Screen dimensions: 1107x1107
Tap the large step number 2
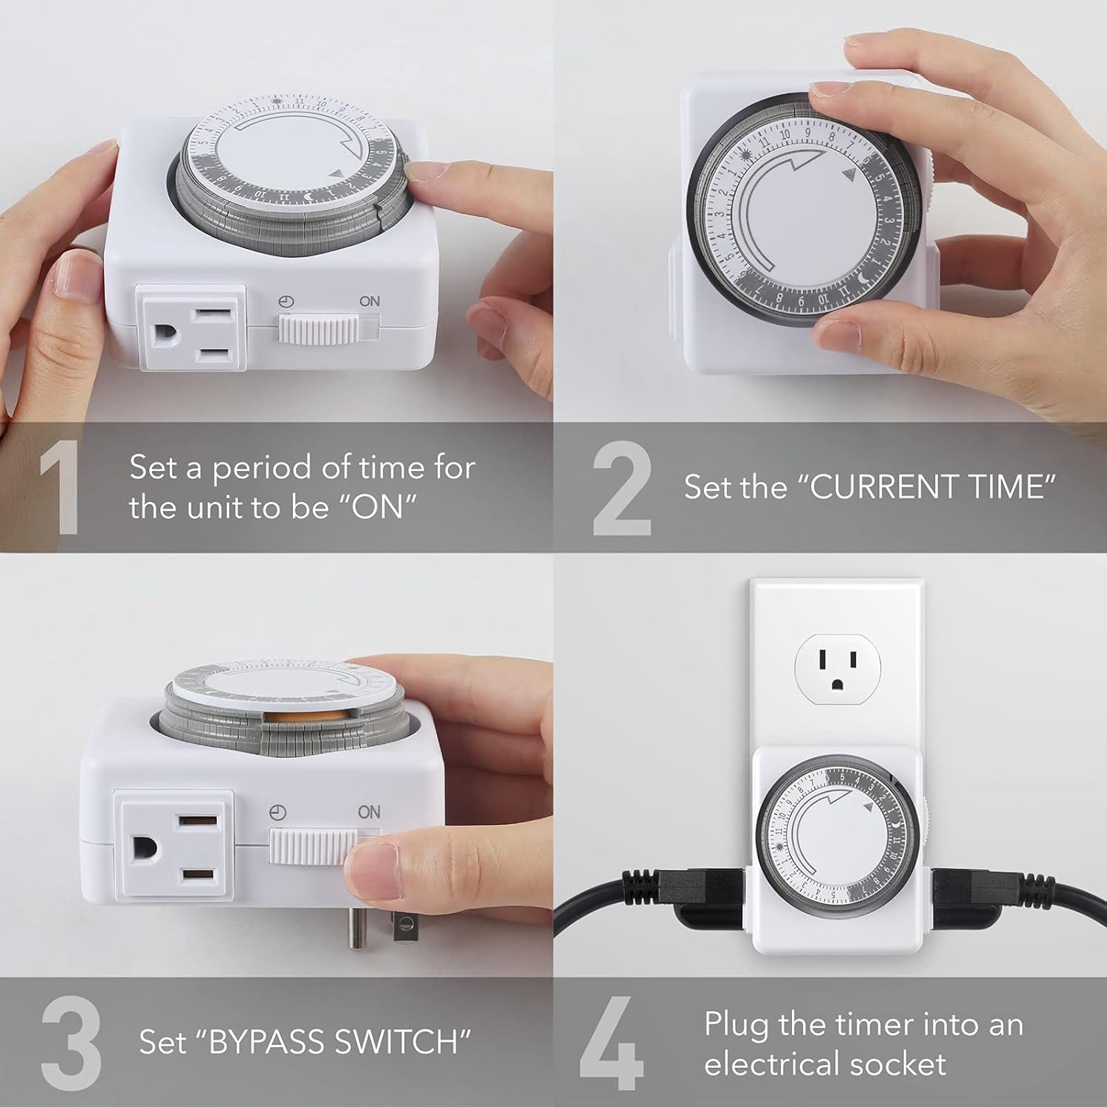(621, 489)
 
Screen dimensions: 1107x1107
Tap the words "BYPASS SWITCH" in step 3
(340, 1042)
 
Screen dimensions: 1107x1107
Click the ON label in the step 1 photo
(369, 301)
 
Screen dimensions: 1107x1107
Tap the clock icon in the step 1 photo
(286, 301)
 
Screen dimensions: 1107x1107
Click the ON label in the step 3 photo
(368, 812)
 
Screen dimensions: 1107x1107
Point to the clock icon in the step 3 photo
(277, 813)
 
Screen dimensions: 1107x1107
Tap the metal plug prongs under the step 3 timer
(378, 926)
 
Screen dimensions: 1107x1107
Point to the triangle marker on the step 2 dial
(848, 175)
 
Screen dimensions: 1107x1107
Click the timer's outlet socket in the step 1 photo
(191, 328)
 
